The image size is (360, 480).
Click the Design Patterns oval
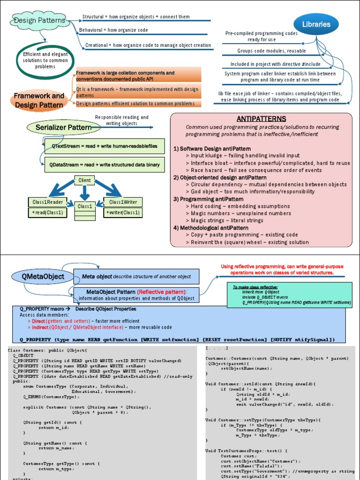point(40,20)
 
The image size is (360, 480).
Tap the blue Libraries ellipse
point(316,24)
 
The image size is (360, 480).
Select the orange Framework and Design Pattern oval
point(39,100)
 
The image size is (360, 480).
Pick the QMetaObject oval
point(43,277)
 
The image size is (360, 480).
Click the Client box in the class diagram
point(84,180)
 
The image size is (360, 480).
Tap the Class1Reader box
point(47,202)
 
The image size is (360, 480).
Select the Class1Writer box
point(123,202)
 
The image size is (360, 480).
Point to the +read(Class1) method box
point(47,212)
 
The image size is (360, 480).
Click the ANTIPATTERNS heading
point(261,119)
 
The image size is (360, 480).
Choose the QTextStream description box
point(105,146)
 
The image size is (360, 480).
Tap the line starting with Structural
point(136,17)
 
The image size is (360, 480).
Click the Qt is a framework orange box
point(138,91)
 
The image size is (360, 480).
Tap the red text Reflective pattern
point(161,292)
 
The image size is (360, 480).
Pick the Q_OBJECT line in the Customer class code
point(22,356)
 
